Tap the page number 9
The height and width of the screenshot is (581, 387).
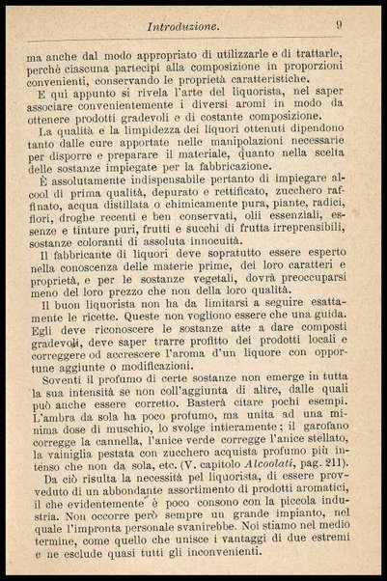pyautogui.click(x=340, y=26)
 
